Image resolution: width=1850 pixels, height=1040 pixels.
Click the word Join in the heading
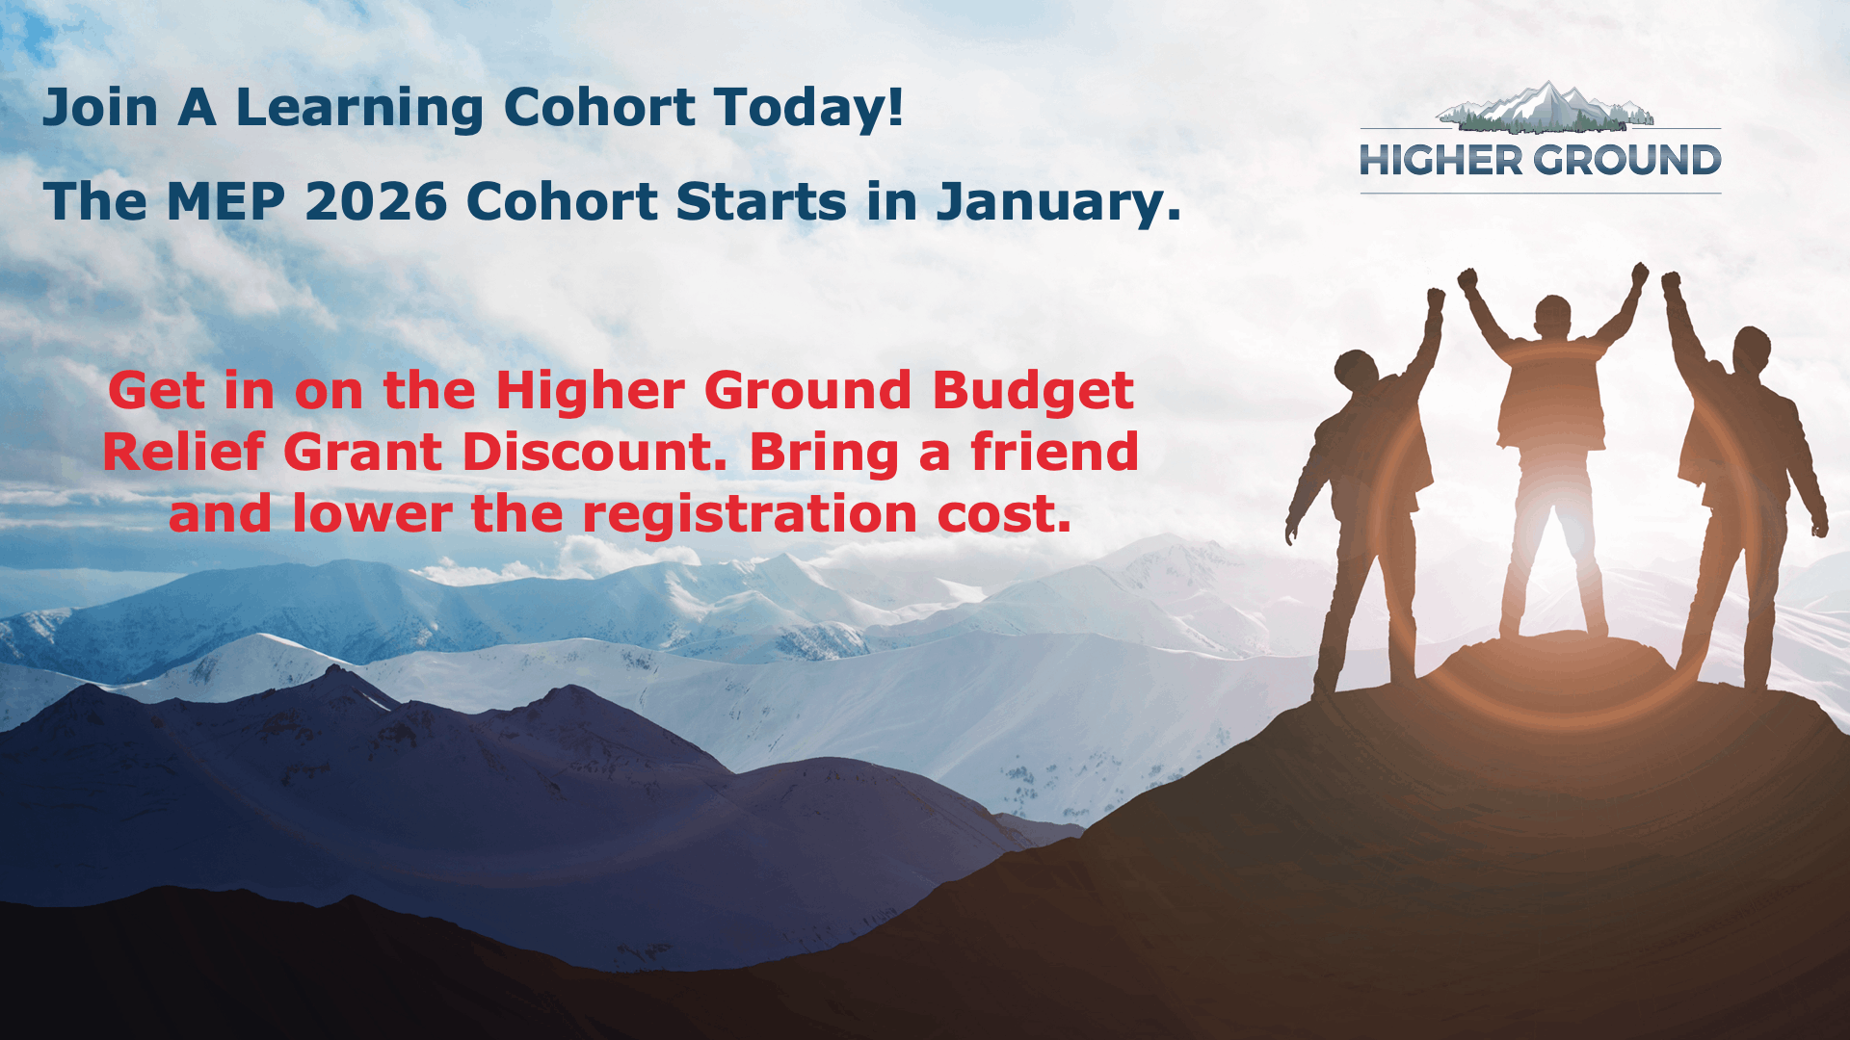tap(100, 108)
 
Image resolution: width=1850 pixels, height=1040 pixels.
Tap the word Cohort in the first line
tap(599, 107)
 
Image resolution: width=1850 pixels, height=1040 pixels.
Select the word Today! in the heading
tap(808, 109)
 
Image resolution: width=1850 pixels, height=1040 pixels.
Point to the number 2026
tap(377, 202)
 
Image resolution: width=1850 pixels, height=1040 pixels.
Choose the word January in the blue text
tap(1059, 203)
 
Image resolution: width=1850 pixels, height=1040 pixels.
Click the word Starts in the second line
tap(761, 202)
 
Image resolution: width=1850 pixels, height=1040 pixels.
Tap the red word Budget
tap(1033, 391)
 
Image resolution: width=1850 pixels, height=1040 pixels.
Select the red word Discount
tap(595, 452)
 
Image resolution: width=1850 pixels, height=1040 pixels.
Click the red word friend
tap(1055, 452)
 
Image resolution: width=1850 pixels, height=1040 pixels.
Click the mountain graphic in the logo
tap(1545, 107)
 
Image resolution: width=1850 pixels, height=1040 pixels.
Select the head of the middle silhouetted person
tap(1552, 317)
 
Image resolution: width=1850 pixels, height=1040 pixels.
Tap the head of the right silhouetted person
tap(1752, 351)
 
